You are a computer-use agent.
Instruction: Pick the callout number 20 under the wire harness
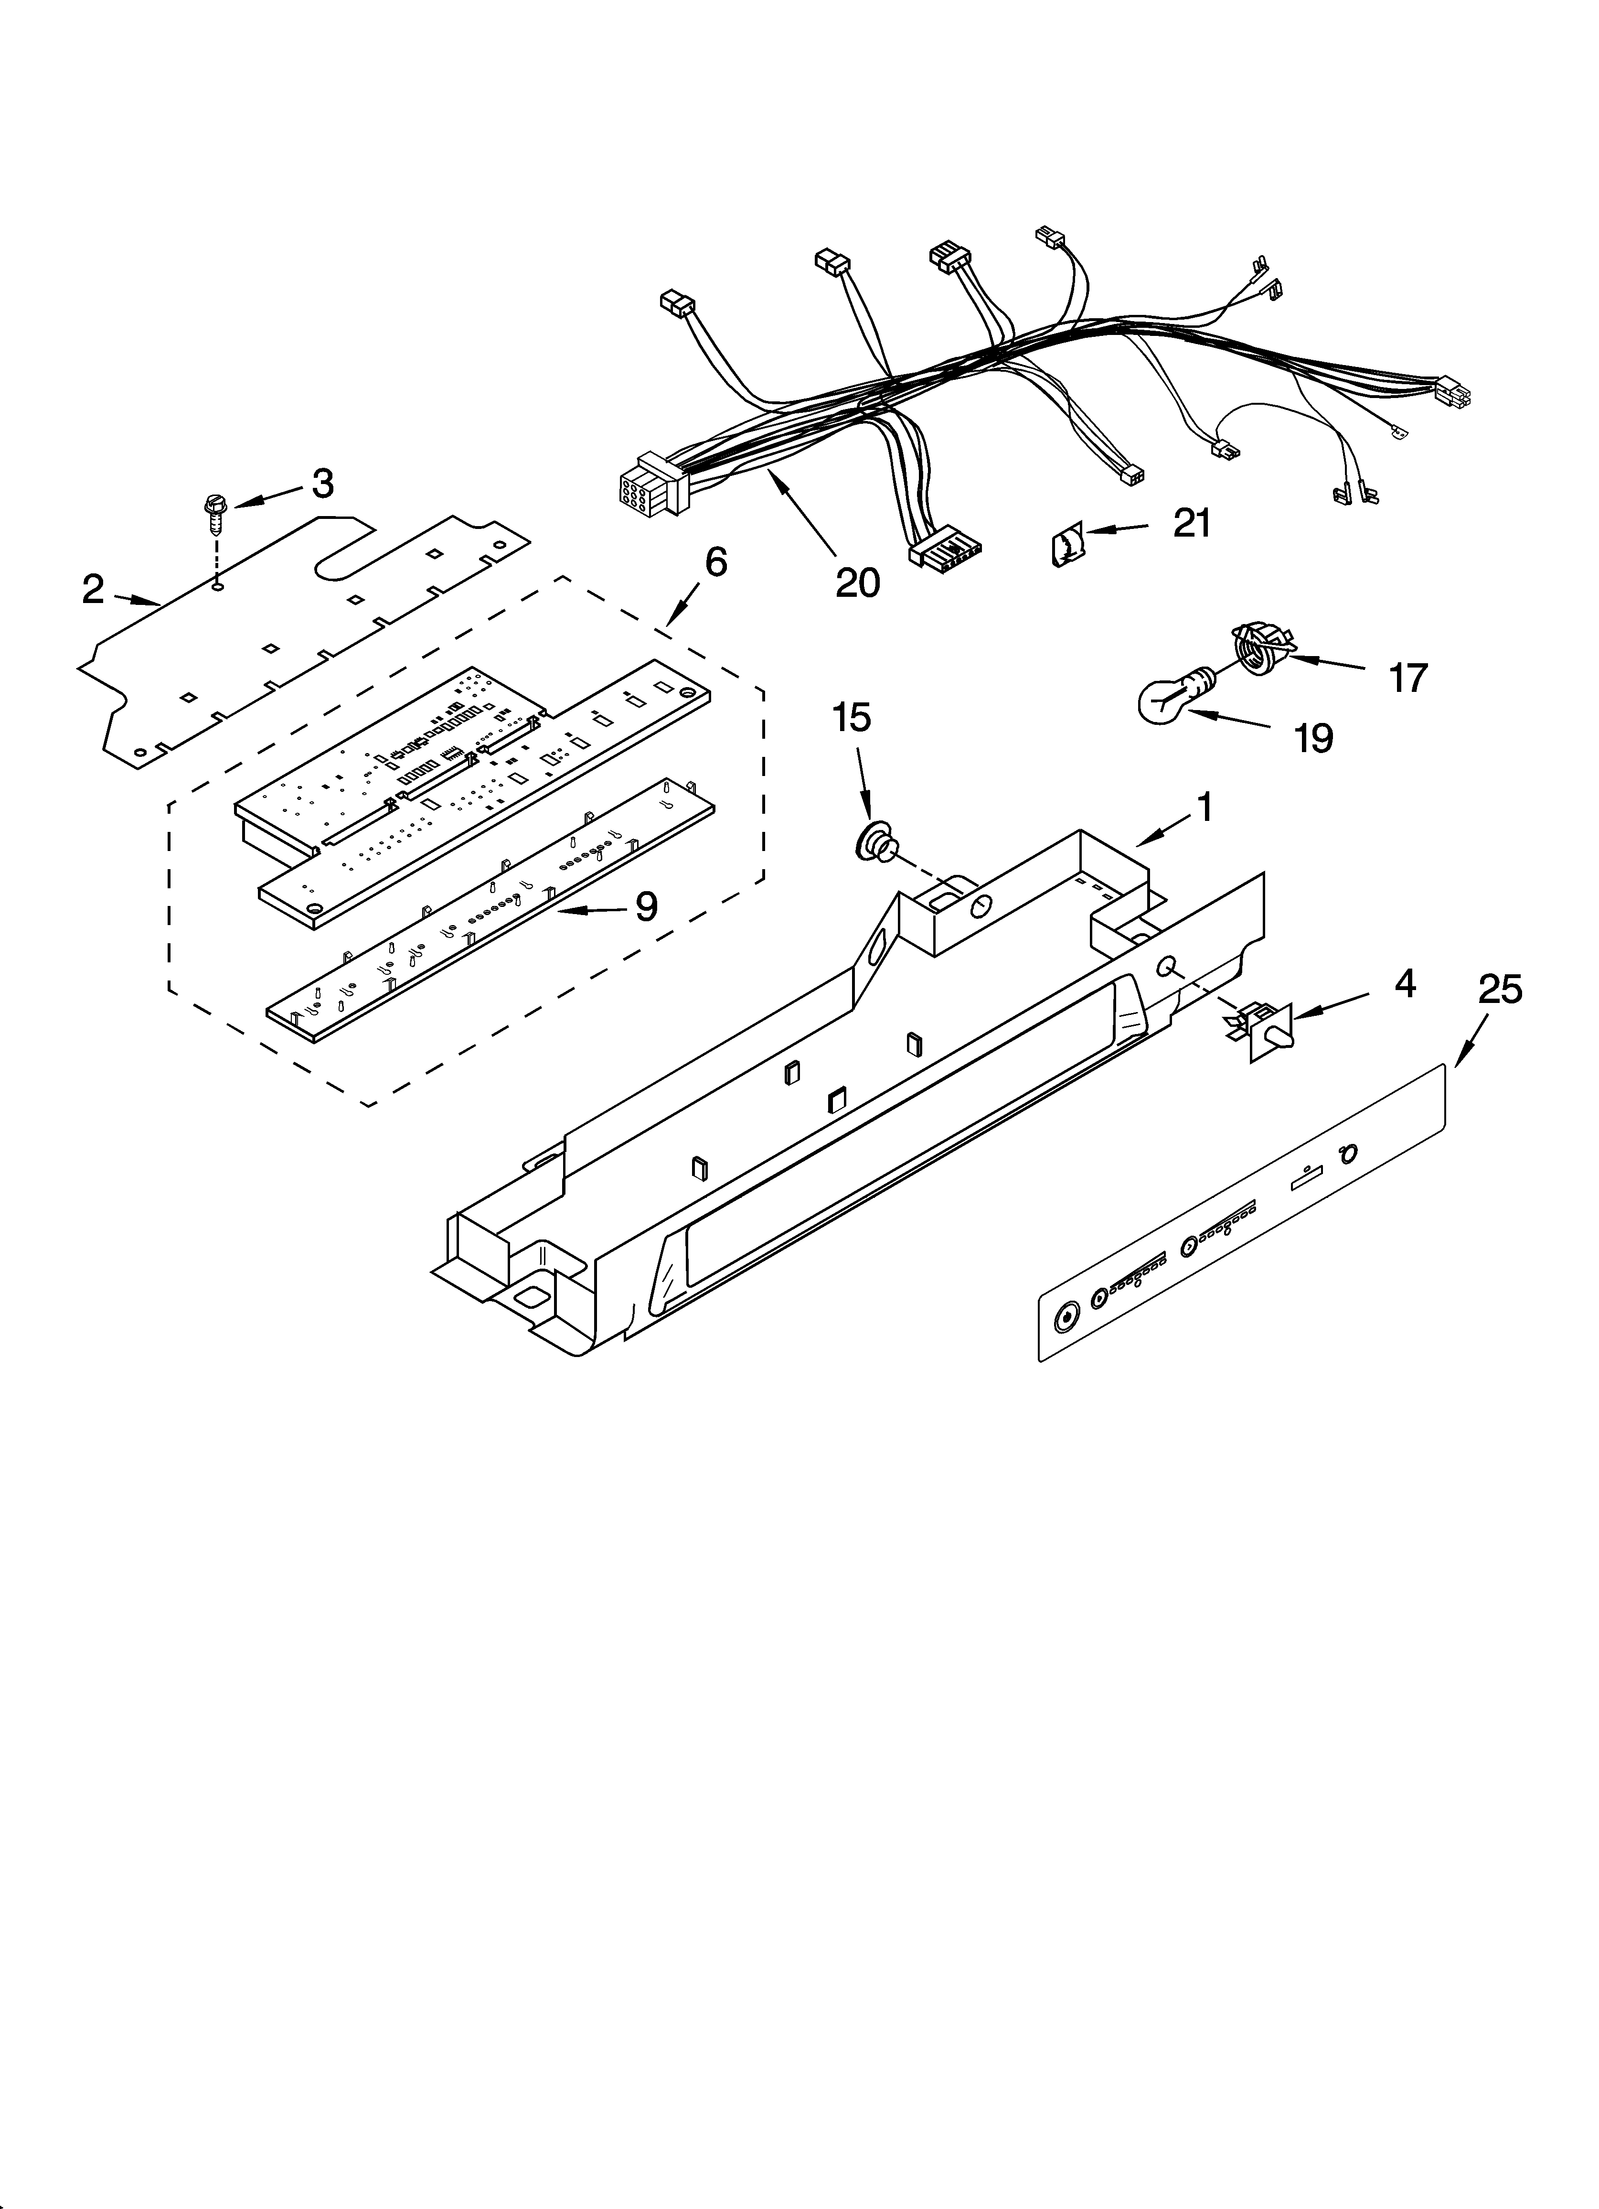pyautogui.click(x=857, y=582)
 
